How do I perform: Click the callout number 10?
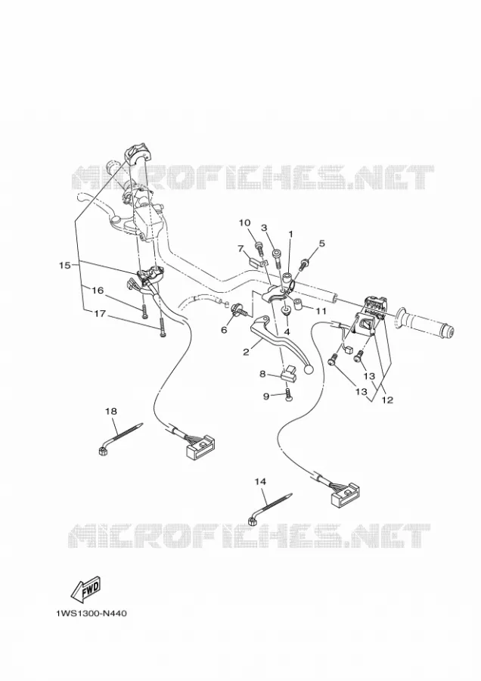(244, 222)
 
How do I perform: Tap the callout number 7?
(240, 248)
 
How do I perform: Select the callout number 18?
(112, 411)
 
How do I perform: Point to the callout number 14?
(260, 482)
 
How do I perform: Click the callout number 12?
(387, 400)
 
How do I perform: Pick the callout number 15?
(65, 265)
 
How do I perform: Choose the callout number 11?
(321, 311)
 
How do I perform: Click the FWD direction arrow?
(85, 589)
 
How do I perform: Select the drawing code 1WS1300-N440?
(92, 614)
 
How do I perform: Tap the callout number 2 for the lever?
(246, 352)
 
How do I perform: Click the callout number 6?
(224, 330)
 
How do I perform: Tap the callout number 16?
(98, 290)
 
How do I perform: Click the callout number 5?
(321, 243)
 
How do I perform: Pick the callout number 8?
(262, 374)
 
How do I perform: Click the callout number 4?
(287, 332)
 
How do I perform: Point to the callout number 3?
(263, 228)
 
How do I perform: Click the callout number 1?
(290, 234)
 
